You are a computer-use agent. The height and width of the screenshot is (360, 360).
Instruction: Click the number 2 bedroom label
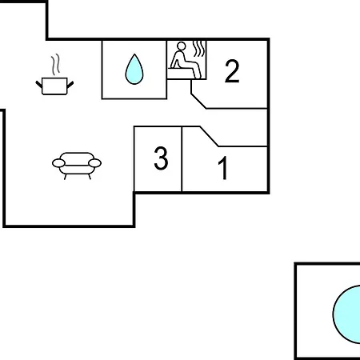tap(232, 71)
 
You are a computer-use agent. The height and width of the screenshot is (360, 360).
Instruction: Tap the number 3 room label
tap(161, 158)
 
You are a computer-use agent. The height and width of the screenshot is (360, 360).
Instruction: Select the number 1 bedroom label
tap(223, 168)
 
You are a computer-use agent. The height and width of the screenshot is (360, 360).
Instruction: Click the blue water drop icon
tap(134, 69)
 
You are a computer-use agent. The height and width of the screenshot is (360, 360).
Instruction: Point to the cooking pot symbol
tap(54, 86)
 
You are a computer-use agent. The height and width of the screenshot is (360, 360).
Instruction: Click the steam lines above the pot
tap(55, 65)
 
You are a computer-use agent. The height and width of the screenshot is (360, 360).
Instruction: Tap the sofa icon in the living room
tap(77, 166)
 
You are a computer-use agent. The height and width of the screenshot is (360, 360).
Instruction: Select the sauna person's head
tap(182, 46)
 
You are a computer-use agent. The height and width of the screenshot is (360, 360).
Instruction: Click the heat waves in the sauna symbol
tap(199, 49)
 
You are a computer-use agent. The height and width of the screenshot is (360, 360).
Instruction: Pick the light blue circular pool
tap(346, 314)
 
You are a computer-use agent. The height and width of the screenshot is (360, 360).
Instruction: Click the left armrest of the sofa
tap(58, 163)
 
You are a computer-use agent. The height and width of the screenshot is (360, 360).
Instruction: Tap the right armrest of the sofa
tap(94, 163)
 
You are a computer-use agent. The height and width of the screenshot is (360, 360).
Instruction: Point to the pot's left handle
tap(39, 84)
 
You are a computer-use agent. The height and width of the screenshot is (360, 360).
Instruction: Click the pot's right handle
tap(70, 85)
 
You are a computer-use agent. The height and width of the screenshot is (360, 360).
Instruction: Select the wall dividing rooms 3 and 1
tap(182, 159)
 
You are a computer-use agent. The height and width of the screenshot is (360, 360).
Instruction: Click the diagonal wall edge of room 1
tap(209, 136)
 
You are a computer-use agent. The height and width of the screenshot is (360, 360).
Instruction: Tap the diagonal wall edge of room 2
tap(198, 101)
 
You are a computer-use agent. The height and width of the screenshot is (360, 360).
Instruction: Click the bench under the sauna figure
tap(182, 69)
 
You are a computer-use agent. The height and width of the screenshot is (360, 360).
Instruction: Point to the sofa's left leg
tap(65, 177)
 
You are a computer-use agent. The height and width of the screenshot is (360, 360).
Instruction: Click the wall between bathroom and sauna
tap(166, 70)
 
